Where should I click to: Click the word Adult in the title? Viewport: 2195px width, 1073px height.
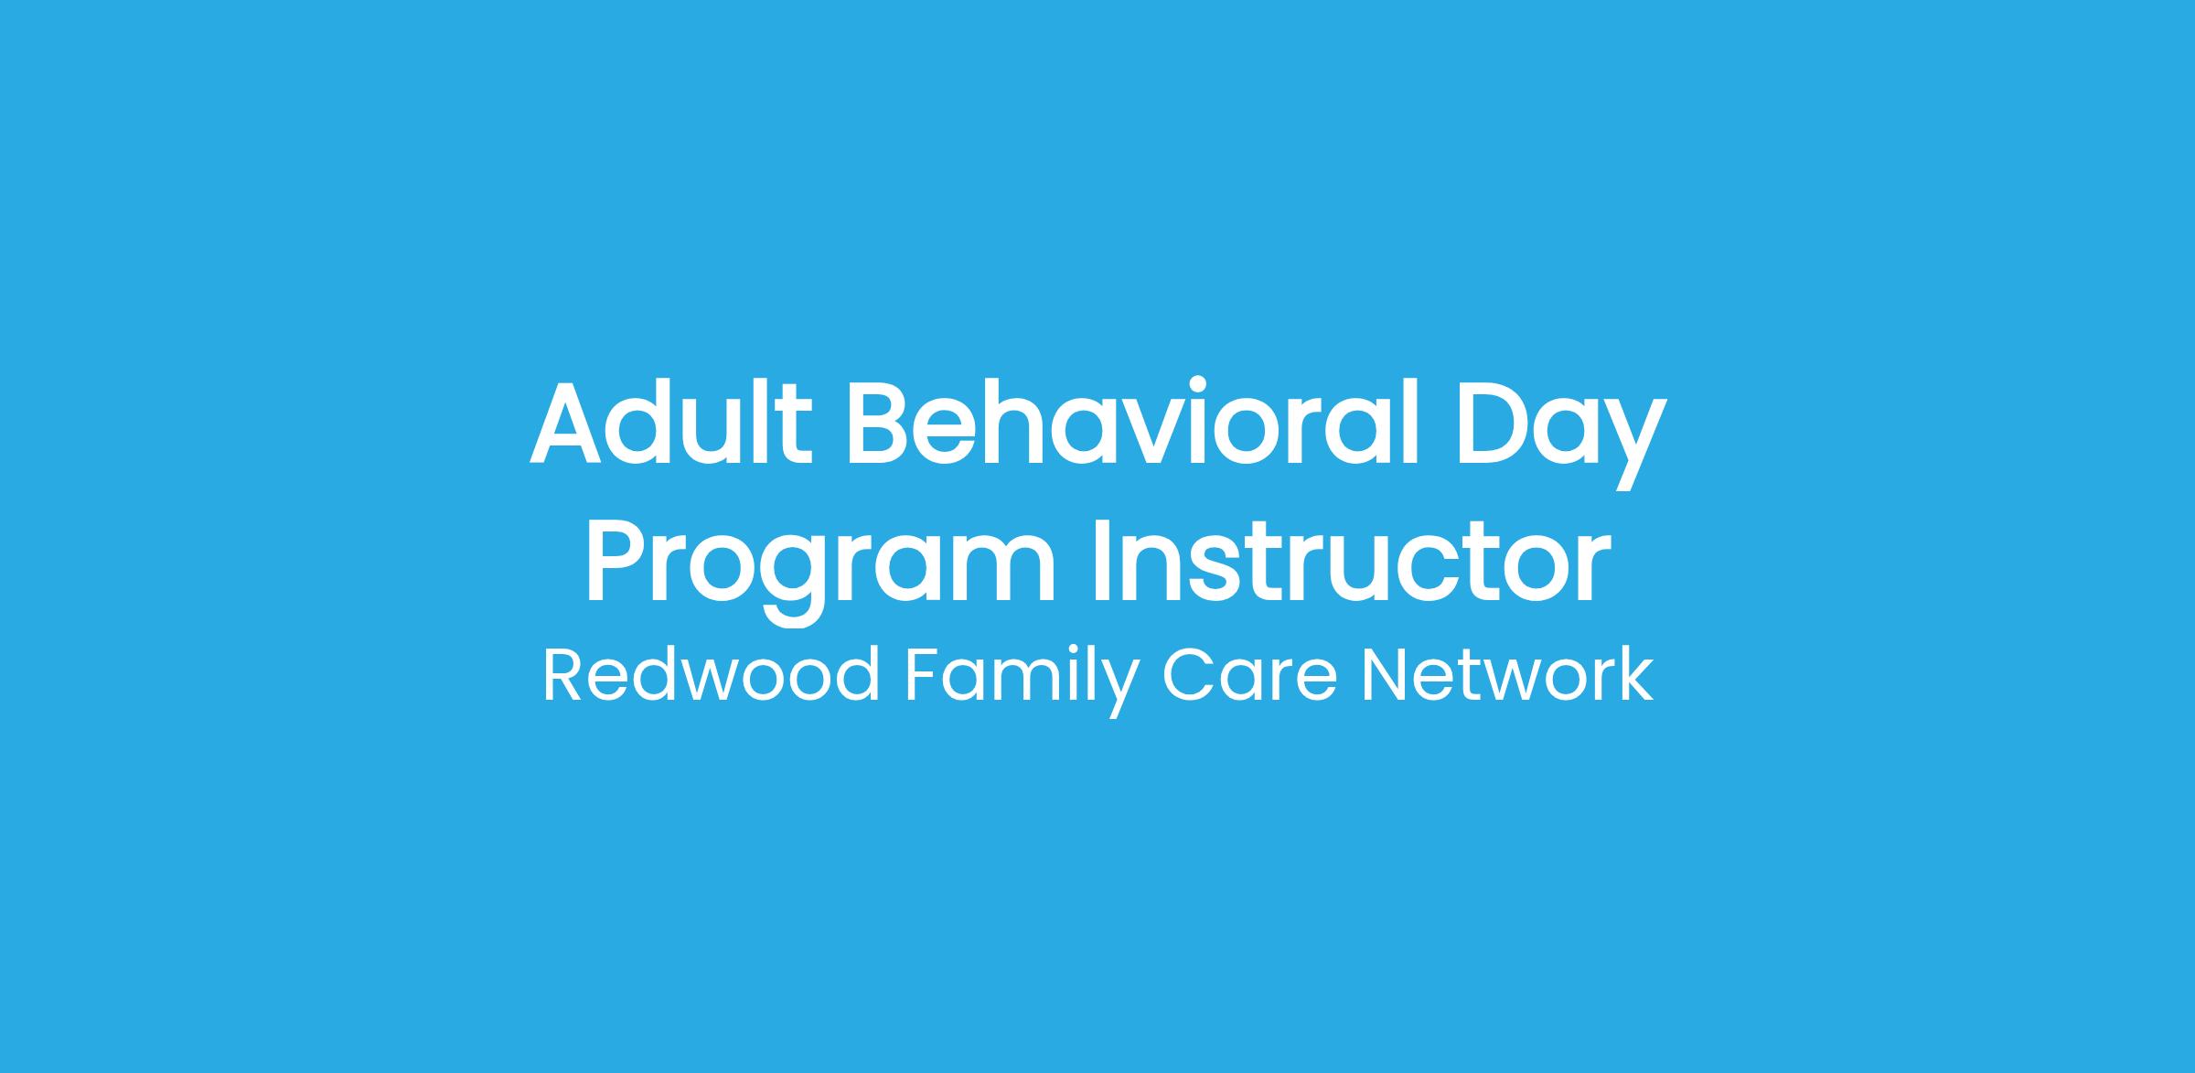[671, 422]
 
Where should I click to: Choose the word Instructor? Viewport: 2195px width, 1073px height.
[1351, 560]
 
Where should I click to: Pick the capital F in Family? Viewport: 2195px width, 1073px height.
[922, 675]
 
